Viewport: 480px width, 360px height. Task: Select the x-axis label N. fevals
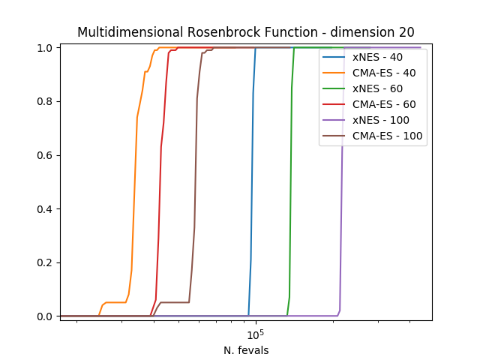246,350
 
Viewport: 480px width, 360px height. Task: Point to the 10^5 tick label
256,333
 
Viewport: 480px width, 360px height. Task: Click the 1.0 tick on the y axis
46,48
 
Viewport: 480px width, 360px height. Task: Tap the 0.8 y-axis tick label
46,101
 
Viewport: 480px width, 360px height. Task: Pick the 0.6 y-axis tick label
46,155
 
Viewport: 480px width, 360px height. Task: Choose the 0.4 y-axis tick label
46,208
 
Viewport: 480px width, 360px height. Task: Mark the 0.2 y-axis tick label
46,262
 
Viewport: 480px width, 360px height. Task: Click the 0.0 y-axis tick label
46,316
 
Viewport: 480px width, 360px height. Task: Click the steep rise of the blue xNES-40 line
252,187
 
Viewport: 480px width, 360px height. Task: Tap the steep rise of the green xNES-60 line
290,187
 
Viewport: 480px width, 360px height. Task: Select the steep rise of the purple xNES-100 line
341,225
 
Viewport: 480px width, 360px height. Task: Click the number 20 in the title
406,31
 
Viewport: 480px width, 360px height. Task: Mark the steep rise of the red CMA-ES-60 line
160,187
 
